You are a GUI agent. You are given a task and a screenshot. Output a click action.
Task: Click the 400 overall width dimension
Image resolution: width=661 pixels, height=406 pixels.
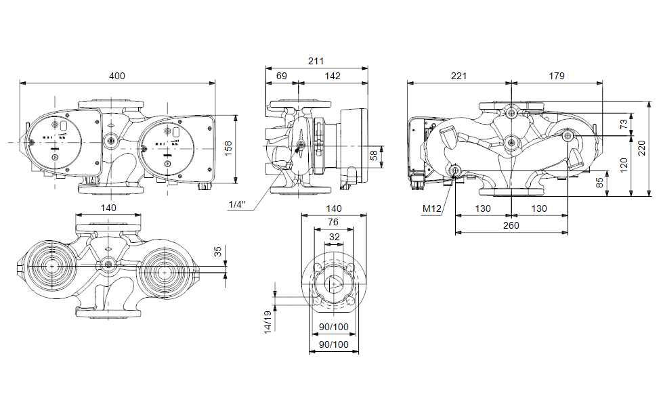pos(117,76)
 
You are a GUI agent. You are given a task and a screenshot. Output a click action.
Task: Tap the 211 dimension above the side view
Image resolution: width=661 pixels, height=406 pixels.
pos(316,61)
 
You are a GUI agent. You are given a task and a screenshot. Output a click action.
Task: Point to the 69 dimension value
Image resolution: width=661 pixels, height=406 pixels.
pos(280,76)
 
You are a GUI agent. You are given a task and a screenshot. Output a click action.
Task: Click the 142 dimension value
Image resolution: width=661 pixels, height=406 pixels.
pos(332,76)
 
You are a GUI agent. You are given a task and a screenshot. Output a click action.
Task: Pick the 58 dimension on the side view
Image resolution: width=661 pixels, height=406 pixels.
pos(374,156)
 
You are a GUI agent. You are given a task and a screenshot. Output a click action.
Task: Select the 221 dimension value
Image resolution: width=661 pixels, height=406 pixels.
pos(459,76)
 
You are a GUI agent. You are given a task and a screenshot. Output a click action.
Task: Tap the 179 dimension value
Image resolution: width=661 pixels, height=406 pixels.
pos(556,76)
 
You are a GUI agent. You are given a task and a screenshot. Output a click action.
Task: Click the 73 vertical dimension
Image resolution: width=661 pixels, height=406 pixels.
pos(624,124)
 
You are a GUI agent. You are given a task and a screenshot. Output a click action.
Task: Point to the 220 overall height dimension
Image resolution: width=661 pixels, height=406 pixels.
pos(641,147)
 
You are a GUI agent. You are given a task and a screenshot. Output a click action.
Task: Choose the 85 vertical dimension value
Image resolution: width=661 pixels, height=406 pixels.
pos(599,183)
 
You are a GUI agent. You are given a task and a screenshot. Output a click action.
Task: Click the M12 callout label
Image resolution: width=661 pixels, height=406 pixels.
pos(432,208)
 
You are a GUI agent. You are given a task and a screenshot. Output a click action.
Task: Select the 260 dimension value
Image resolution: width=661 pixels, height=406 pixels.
pos(511,225)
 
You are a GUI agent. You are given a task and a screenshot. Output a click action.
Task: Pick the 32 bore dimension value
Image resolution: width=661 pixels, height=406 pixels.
pos(334,237)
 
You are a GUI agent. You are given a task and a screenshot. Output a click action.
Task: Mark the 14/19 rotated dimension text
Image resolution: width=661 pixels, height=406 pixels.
pos(268,322)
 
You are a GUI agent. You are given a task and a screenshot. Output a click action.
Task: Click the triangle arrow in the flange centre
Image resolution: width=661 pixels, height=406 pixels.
pos(335,285)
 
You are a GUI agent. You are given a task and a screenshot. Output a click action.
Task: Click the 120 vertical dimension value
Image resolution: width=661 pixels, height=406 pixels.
pos(624,163)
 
